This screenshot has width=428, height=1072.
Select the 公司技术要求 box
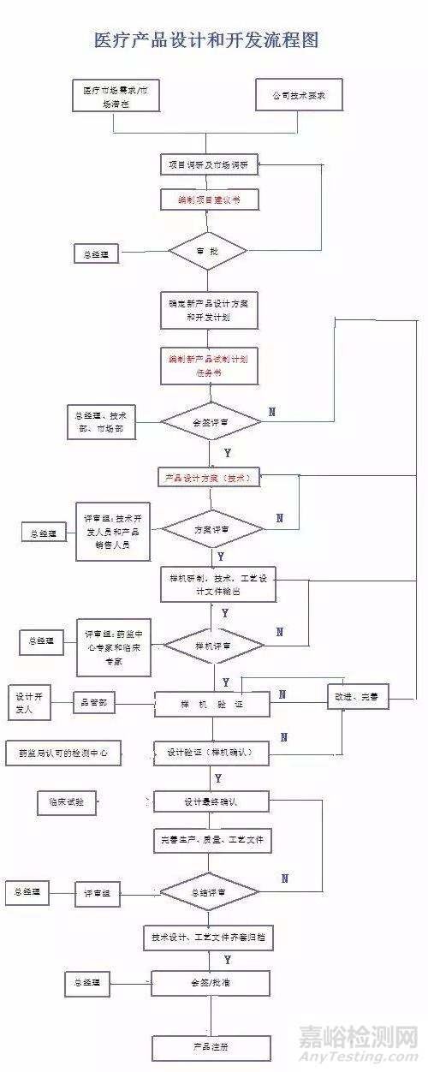(299, 95)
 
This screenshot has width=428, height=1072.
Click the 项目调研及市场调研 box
(209, 164)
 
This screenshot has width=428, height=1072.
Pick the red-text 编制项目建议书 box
(209, 200)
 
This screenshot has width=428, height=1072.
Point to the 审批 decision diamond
(208, 251)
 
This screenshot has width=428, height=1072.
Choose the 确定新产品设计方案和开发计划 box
(209, 310)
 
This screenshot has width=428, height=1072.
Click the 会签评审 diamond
(211, 420)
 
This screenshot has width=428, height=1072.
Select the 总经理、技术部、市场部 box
(105, 420)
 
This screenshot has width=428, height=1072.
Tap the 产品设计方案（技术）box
(209, 478)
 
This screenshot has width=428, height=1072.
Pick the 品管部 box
(94, 703)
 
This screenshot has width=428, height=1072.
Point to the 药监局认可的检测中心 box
(64, 753)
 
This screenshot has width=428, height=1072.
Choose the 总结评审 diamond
(211, 892)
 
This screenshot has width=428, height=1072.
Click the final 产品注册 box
(211, 1047)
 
